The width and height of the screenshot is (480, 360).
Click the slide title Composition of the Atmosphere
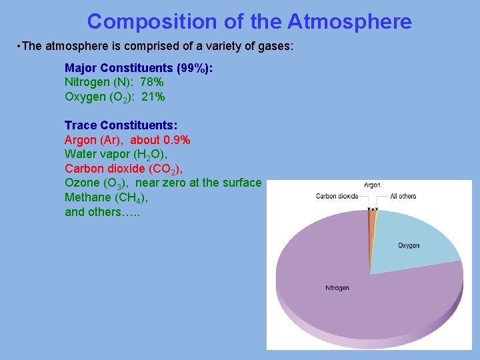[x=249, y=22]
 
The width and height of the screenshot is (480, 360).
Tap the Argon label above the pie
[x=372, y=185]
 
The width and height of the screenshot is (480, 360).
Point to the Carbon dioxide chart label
[x=337, y=196]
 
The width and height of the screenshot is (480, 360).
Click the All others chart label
[x=403, y=196]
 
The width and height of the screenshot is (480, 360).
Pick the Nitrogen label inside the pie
[x=337, y=288]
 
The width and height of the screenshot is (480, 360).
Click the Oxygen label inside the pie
[x=409, y=245]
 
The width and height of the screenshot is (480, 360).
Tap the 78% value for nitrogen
[x=152, y=82]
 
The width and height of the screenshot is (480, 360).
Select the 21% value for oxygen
[x=153, y=97]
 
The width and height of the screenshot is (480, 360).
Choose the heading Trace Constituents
[x=121, y=125]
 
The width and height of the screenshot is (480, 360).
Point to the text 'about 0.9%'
[x=160, y=140]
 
